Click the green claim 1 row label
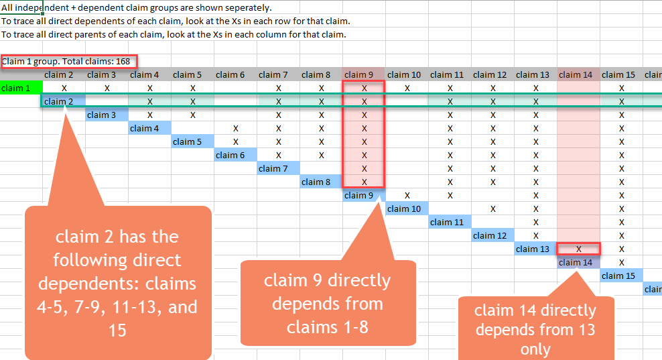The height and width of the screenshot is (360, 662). coord(21,88)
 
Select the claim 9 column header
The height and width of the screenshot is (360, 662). coord(364,74)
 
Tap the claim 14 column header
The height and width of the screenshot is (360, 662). coord(578,74)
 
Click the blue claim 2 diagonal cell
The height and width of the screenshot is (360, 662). coord(64,101)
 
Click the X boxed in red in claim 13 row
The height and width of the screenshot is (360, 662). coord(578,249)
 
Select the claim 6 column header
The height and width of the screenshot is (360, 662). coord(235,74)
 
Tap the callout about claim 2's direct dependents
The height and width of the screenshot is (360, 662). coord(117,282)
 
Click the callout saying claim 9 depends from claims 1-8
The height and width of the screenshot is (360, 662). coord(328,303)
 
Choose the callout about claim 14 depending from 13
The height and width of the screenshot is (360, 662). coord(535,329)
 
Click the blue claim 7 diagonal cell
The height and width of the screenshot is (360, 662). coord(278,168)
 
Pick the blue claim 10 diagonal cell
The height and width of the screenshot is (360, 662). coord(407,208)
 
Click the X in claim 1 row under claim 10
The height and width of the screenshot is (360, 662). coord(407,88)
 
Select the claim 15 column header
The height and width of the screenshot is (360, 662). coord(621,74)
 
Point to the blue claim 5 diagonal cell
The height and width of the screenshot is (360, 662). coord(192,141)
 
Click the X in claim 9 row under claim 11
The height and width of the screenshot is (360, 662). coord(450,195)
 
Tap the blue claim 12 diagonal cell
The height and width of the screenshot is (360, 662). coord(492,235)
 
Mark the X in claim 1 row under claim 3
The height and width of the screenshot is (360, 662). coord(107,88)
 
